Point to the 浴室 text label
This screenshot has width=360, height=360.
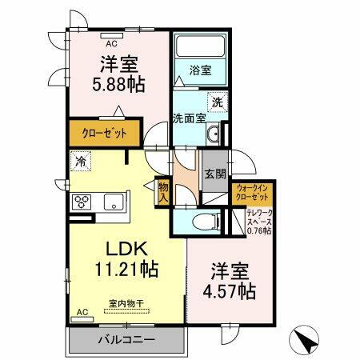point(199,70)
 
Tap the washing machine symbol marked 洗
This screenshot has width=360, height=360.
point(217,102)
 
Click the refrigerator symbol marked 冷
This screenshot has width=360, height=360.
point(81,162)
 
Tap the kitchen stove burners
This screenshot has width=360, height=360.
point(83,200)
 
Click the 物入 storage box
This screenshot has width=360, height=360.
point(162,190)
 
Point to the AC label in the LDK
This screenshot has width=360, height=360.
point(82,311)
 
